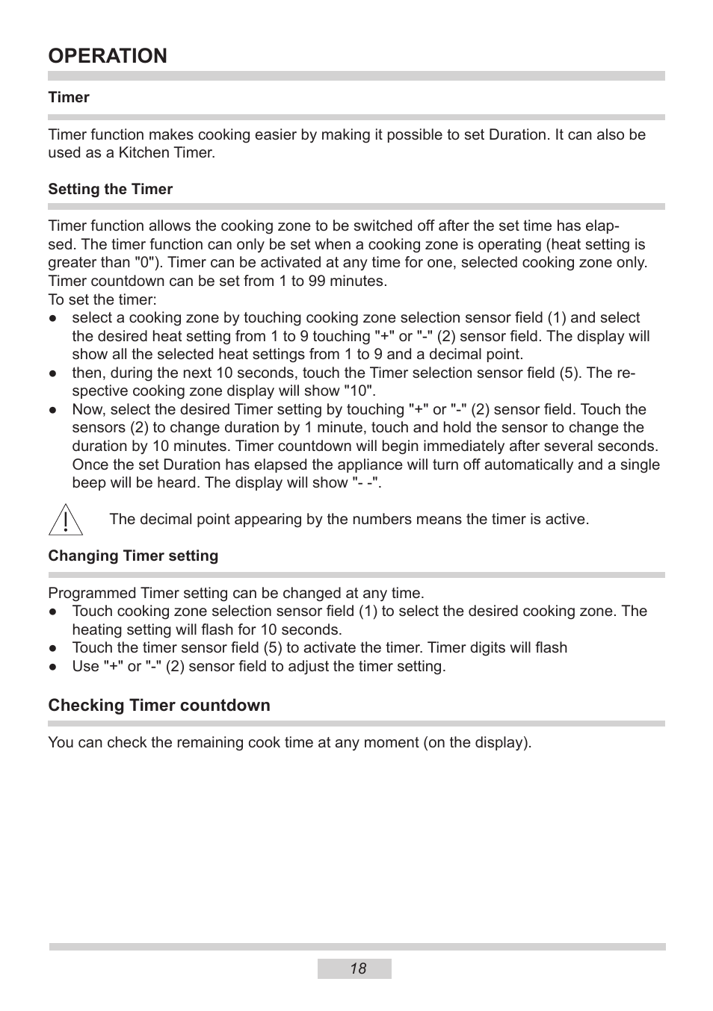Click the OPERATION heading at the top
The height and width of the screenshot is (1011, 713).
[x=108, y=56]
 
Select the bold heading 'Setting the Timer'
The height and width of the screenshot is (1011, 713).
[x=110, y=189]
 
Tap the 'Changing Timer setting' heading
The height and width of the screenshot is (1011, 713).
[x=133, y=556]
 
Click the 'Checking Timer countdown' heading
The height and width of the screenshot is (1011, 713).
[x=158, y=705]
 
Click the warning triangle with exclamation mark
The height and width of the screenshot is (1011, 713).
[x=65, y=520]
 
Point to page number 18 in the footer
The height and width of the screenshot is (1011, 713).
[x=357, y=968]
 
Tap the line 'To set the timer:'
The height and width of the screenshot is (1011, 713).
[x=102, y=299]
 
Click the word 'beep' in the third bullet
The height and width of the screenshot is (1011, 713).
[x=88, y=482]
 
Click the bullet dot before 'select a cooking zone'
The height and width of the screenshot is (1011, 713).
[x=54, y=318]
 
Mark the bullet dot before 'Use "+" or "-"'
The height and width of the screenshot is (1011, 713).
[x=54, y=667]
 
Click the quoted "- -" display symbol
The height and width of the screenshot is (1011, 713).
[x=366, y=482]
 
